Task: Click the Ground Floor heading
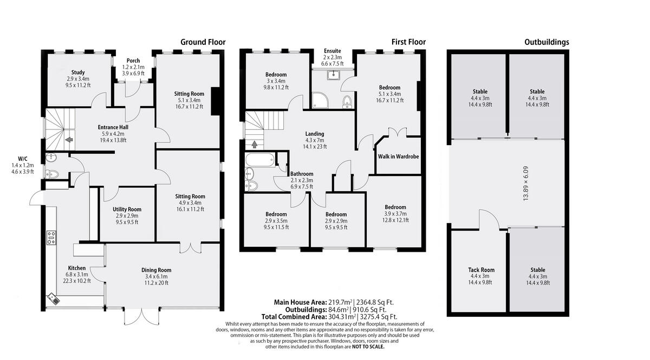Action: point(203,42)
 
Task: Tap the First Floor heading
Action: point(408,42)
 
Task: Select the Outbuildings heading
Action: point(547,42)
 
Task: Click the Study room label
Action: point(77,72)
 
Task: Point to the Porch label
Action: point(133,61)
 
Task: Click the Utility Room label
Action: point(127,209)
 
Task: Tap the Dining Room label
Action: point(156,270)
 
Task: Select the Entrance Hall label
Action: point(113,127)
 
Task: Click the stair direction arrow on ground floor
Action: point(69,140)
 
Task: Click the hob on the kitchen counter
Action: point(51,238)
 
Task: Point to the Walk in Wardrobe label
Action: point(398,157)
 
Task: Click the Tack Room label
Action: point(481,270)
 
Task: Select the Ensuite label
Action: point(332,51)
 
